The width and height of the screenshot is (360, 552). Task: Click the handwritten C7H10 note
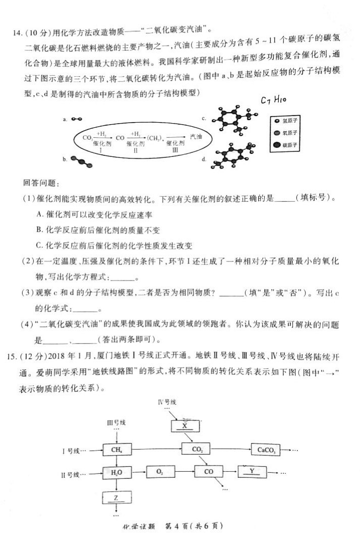click(274, 101)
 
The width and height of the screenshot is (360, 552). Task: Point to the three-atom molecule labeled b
click(79, 161)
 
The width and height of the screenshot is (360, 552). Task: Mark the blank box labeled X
click(186, 425)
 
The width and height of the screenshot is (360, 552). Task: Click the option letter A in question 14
click(40, 214)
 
